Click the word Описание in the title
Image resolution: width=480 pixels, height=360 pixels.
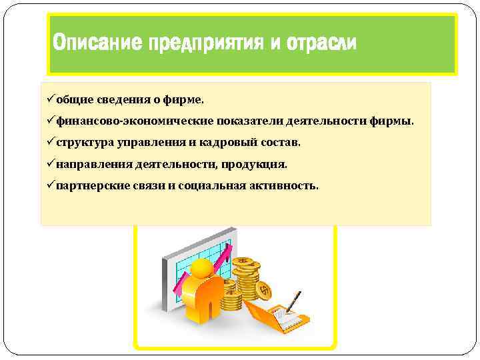point(92,44)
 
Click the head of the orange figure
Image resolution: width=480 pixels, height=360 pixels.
point(201,271)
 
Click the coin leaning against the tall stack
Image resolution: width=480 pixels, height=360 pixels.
point(263,291)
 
